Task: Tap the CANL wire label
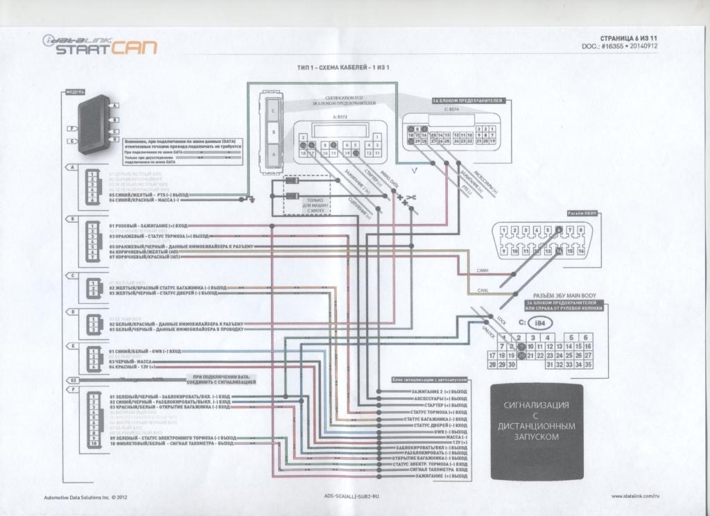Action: [483, 290]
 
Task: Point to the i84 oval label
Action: [536, 322]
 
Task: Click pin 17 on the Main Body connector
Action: [492, 354]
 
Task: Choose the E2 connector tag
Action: [71, 381]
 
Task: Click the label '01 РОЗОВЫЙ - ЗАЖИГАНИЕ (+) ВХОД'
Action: [148, 226]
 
